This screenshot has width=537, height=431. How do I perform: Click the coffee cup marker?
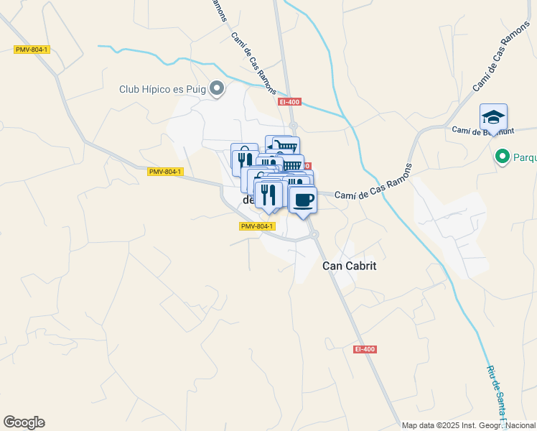point(303,199)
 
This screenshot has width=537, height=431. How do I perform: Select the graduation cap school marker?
point(493,117)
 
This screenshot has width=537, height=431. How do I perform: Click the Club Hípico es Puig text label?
point(162,90)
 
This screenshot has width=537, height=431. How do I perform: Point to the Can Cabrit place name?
point(350,265)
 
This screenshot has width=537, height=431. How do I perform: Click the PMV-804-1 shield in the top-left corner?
point(32,50)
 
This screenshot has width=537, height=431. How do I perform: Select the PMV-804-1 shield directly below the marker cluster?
point(257,226)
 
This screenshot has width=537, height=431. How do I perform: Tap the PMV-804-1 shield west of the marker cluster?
point(166,172)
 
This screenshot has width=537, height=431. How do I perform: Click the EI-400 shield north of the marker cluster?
point(289,102)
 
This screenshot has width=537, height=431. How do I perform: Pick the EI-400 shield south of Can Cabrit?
point(365,349)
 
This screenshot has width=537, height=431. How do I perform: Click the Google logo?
point(24,422)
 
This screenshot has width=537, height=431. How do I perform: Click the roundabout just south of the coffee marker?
point(314,235)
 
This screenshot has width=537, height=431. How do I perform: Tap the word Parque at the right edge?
point(524,156)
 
